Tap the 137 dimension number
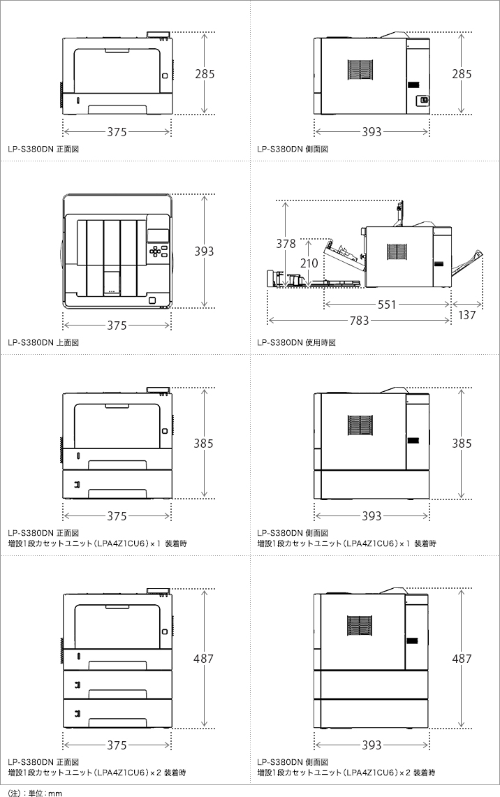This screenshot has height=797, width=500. [467, 315]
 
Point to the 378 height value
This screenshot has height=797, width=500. [286, 244]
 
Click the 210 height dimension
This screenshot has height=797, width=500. [308, 263]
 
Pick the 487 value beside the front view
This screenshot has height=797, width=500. [204, 659]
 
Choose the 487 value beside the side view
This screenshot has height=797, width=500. [462, 659]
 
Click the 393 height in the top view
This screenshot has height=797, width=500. [204, 251]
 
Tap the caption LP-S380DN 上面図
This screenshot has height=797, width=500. [43, 343]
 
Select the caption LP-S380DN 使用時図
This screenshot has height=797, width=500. [296, 343]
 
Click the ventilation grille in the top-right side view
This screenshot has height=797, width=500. [361, 72]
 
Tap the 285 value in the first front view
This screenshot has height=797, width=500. [204, 73]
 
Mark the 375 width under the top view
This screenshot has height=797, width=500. [117, 326]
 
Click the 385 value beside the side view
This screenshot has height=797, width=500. [462, 444]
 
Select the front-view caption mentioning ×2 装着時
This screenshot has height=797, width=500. [96, 773]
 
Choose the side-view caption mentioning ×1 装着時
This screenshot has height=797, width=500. [346, 543]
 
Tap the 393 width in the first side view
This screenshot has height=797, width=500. [372, 131]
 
